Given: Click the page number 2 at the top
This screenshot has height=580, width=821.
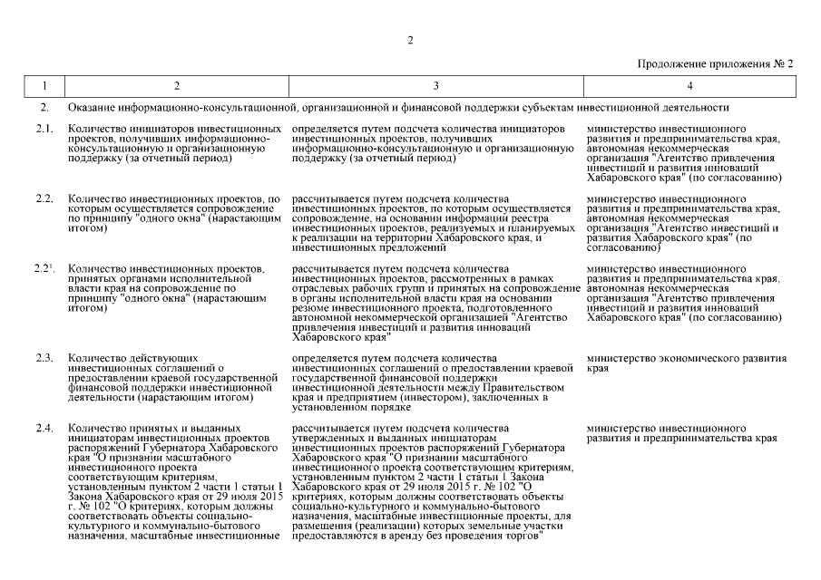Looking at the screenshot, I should coord(410,40).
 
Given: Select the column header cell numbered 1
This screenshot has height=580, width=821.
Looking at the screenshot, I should coord(43,86).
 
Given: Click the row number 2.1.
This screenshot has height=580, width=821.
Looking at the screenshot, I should coord(44,130).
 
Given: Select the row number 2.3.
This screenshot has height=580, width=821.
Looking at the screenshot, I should coord(44,359).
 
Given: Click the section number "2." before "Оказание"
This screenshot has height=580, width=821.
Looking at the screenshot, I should coord(43,109).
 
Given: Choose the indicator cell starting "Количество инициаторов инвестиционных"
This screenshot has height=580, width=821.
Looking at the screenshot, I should coord(174,144).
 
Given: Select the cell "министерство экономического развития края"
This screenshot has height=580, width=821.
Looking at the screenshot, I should coord(686,364).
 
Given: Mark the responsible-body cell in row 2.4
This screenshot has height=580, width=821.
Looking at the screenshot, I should coord(681,433).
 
